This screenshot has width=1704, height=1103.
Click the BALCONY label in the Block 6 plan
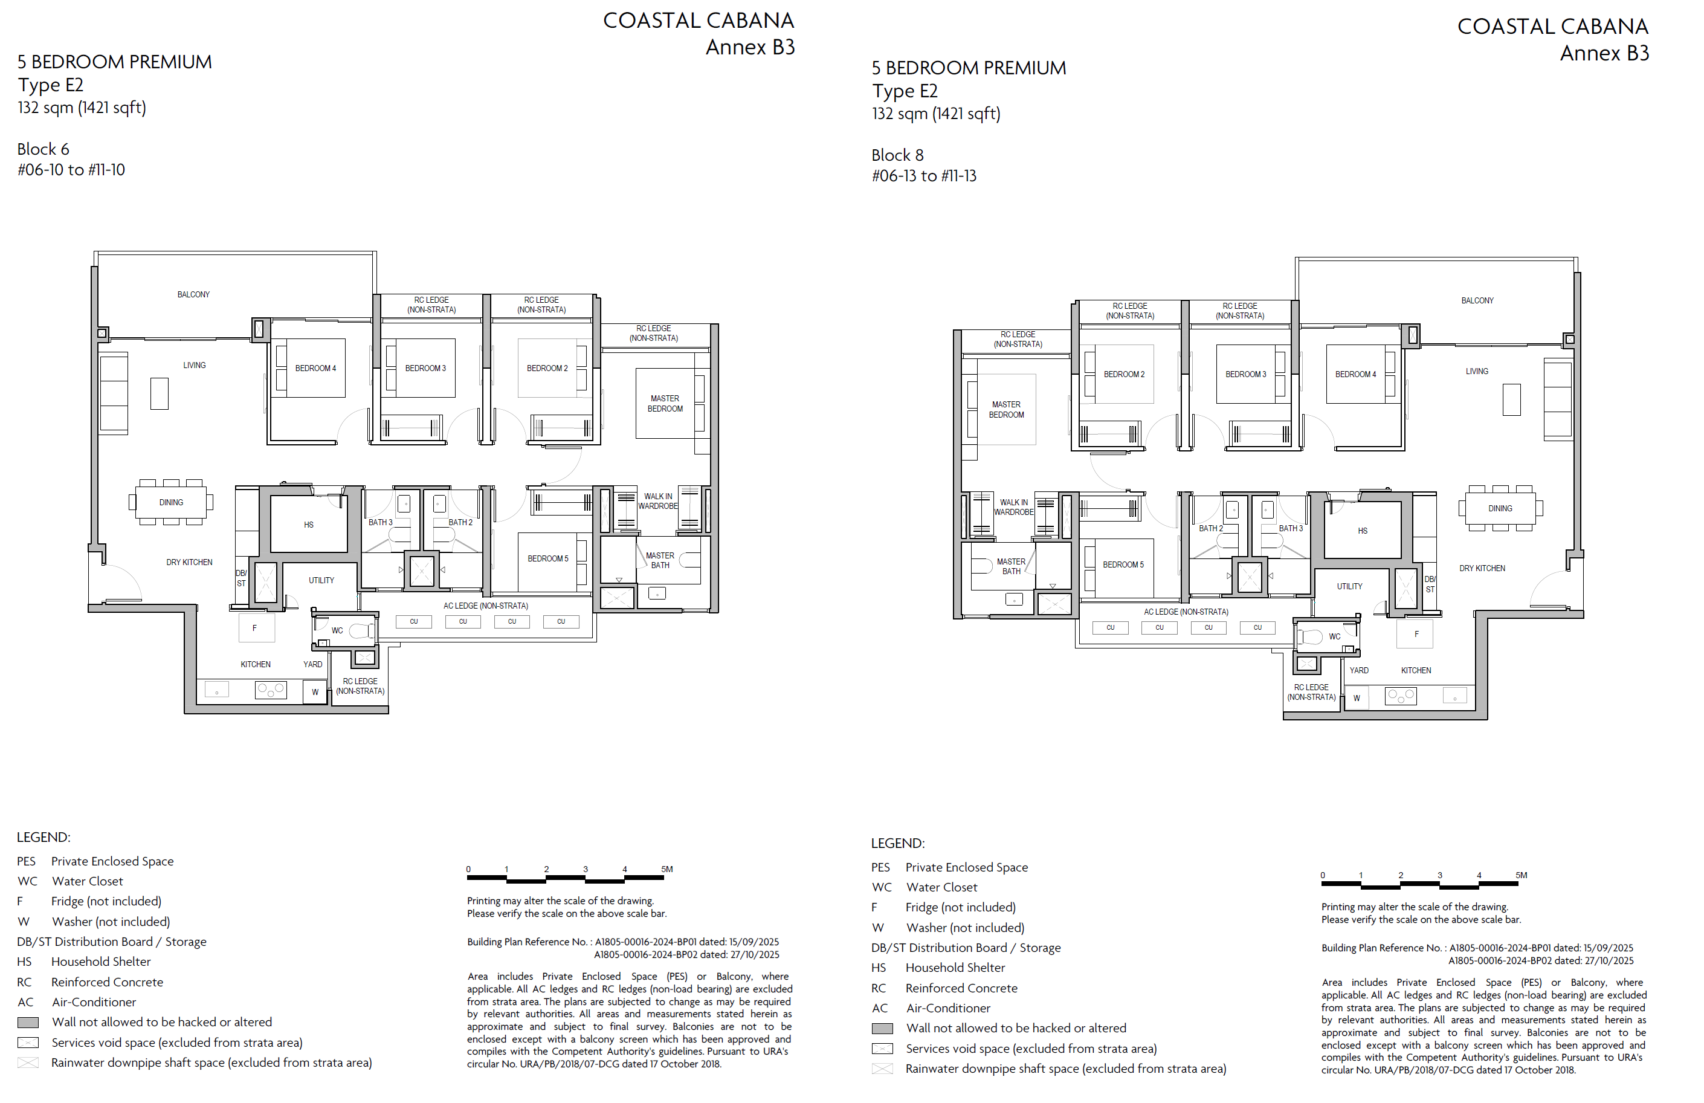pos(193,294)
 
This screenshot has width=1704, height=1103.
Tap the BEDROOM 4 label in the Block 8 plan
pos(1355,375)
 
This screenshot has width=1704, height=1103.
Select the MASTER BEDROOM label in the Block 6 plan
pos(665,404)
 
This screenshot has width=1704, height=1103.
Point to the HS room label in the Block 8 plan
pos(1363,531)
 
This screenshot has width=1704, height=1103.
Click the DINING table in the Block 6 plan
pos(171,502)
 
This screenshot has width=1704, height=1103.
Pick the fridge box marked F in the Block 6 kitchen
pos(254,628)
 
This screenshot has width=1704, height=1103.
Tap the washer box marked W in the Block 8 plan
pos(1357,697)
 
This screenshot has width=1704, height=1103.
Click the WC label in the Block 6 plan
pos(337,631)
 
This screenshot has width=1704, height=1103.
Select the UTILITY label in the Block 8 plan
pos(1349,587)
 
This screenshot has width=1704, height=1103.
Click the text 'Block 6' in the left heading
pos(43,149)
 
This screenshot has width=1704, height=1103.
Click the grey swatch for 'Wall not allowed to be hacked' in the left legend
pos(28,1023)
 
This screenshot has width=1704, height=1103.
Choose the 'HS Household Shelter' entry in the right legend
pos(938,968)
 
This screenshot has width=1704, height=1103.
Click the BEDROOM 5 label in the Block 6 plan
pos(547,558)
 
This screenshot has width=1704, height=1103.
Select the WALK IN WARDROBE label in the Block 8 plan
pos(1014,507)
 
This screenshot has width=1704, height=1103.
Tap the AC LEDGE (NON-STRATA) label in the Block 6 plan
pos(485,606)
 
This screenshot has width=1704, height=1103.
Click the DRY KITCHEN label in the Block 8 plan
pos(1482,569)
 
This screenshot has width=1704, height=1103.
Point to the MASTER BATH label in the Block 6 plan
pos(660,561)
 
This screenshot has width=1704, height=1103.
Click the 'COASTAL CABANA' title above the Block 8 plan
pos(1553,27)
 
